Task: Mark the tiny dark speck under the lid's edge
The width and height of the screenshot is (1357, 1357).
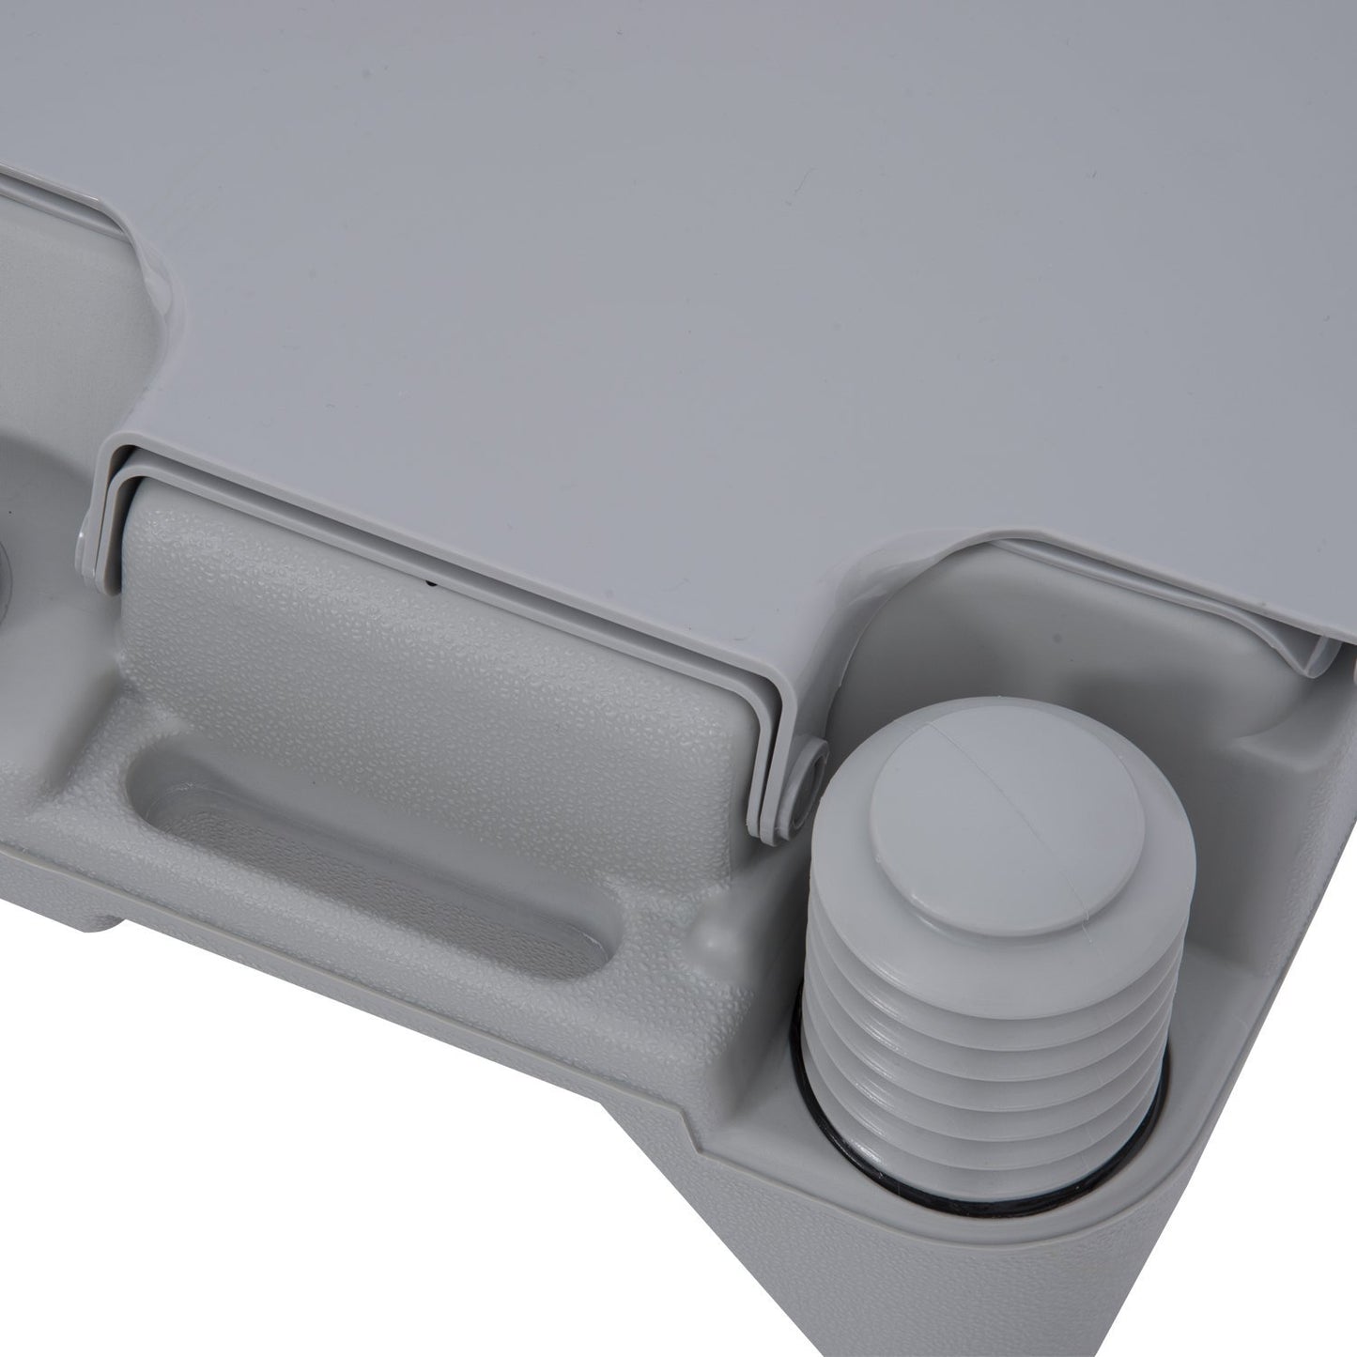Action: [431, 583]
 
